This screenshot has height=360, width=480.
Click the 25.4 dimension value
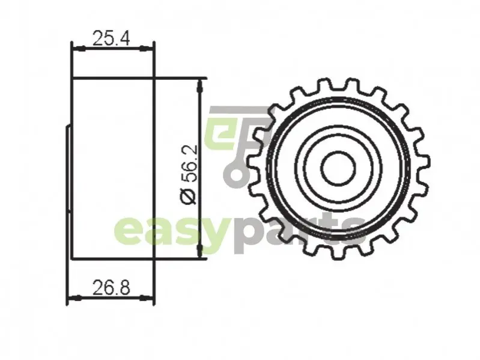pos(111,38)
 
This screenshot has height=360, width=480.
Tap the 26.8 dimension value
pos(111,288)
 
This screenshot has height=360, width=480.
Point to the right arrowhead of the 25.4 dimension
pos(146,48)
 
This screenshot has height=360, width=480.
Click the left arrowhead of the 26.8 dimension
pos(74,297)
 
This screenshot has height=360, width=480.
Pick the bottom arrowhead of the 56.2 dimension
pos(200,251)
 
